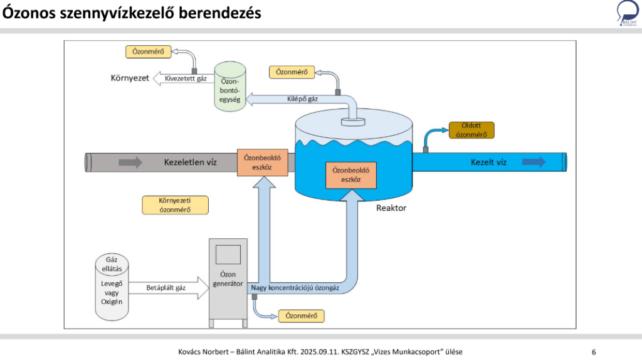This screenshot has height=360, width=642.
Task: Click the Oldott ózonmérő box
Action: point(471,130)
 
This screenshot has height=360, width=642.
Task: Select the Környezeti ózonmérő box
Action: point(175,205)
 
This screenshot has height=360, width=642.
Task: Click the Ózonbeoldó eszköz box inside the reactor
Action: point(351,174)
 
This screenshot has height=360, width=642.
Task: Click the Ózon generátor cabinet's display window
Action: point(228,254)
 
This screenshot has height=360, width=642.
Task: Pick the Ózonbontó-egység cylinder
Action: point(230,88)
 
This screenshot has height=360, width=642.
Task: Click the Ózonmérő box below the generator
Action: point(301,316)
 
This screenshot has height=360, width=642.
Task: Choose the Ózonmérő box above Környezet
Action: point(148,51)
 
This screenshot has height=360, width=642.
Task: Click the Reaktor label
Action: point(391,208)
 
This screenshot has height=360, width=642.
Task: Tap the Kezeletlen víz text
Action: point(191,162)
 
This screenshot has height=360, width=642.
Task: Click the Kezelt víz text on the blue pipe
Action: point(489,162)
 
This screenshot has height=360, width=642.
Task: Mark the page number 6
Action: point(594,351)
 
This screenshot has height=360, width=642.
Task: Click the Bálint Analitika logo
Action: point(627,14)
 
